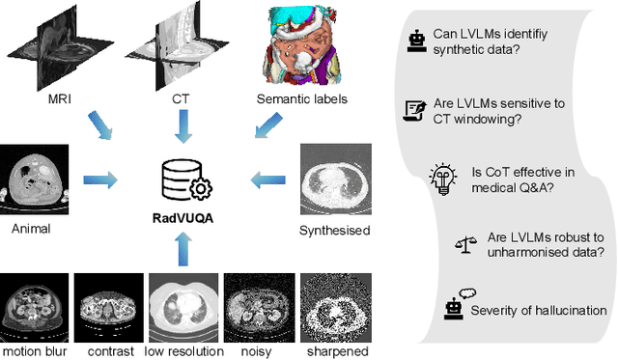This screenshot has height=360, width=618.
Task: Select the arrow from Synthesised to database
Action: (267, 179)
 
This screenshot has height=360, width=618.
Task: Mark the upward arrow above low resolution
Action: (184, 251)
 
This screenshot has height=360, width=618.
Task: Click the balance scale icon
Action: (463, 246)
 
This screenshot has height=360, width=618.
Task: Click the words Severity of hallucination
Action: (538, 310)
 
